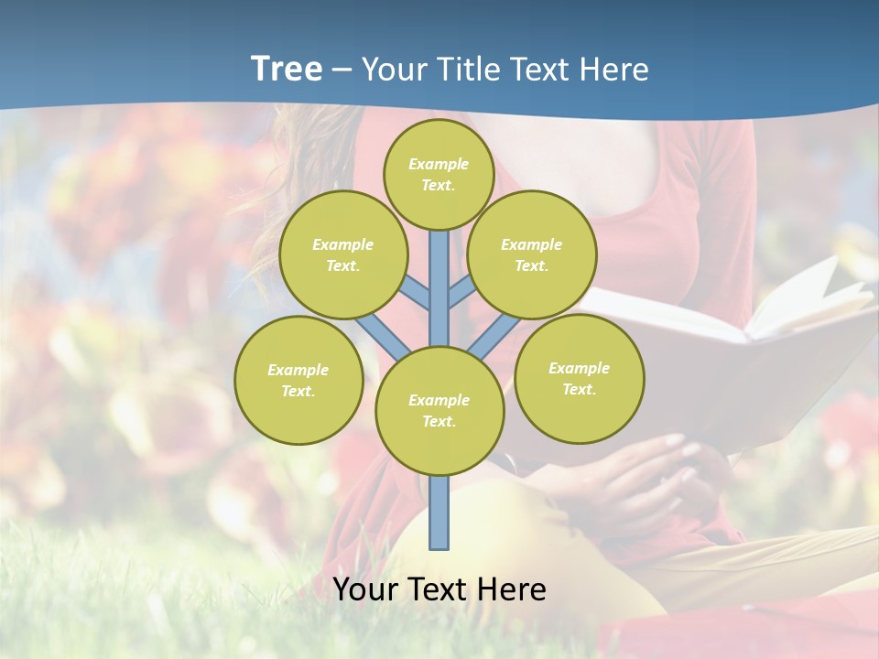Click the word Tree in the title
coord(286,70)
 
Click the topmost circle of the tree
coord(439,174)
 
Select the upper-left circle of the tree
coord(342,254)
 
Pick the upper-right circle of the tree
coord(531,254)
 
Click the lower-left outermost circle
coord(298,380)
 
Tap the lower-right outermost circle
coord(579,378)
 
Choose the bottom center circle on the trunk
coord(439,410)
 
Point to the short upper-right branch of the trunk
coord(461,292)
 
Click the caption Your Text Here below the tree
coord(439,589)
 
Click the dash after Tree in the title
coord(341,70)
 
